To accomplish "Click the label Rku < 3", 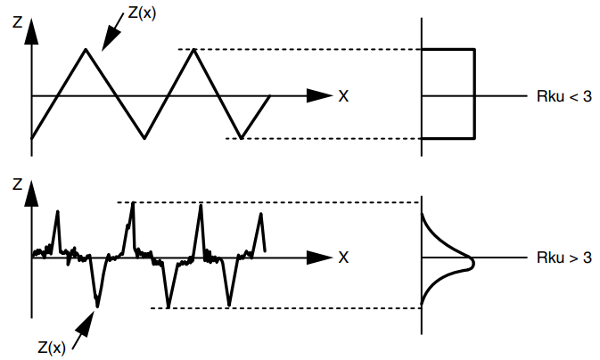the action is [564, 96].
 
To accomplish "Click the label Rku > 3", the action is [564, 258].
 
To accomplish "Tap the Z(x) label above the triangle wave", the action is [142, 13].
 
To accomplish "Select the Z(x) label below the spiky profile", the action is [52, 348].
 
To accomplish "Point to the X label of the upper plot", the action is [343, 96].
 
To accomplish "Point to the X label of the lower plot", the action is [343, 258].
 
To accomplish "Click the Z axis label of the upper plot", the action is [17, 22].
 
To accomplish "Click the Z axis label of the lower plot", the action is [17, 184].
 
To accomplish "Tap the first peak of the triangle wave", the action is [86, 49].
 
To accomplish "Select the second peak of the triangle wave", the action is [194, 49].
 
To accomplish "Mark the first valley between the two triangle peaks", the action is [144, 138].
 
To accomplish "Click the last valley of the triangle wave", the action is [241, 138].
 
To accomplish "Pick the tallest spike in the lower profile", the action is [133, 203].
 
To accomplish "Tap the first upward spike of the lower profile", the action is [57, 211].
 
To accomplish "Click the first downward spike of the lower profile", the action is [97, 306].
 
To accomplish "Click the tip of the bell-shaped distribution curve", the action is [473, 263].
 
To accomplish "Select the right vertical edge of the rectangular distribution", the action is [474, 94].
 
